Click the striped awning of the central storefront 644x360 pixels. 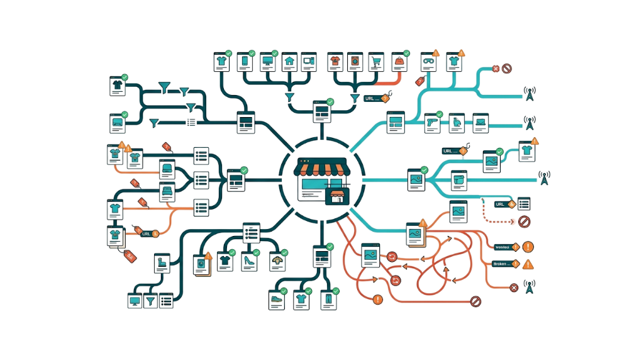click(321, 167)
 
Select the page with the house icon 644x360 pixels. click(289, 62)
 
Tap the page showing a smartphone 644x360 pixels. click(244, 62)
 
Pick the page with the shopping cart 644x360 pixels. click(375, 62)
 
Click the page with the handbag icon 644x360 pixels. click(399, 62)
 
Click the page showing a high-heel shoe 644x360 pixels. click(249, 261)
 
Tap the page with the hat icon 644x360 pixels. click(276, 261)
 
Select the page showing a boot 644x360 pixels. click(162, 263)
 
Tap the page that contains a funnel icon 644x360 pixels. click(151, 301)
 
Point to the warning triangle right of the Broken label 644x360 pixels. click(527, 264)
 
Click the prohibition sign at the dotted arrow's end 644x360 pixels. click(524, 221)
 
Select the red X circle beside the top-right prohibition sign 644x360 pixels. click(496, 69)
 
